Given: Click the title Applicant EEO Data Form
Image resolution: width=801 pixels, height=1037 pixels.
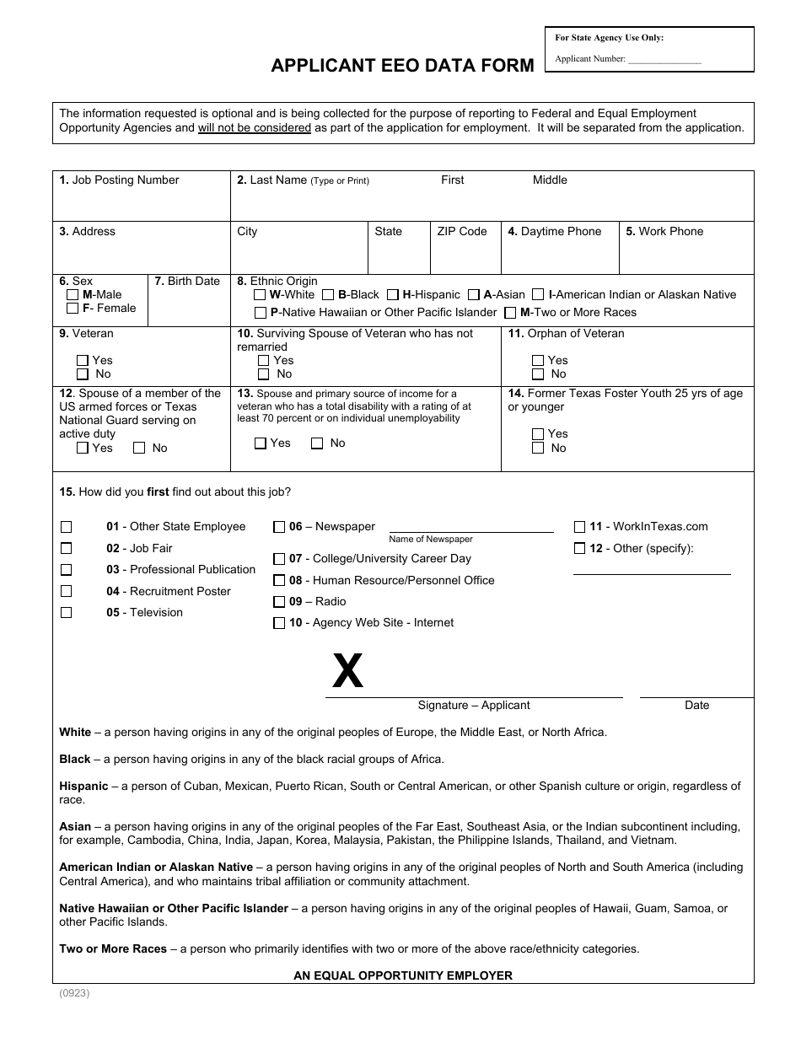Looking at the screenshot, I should [402, 66].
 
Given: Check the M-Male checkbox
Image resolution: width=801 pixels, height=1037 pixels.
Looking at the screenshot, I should [73, 295].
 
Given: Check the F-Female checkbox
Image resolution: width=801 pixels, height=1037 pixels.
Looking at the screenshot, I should [73, 309].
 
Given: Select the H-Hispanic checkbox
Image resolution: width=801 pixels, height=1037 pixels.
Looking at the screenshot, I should [393, 295].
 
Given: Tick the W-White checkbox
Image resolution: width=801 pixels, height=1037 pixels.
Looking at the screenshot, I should [261, 295].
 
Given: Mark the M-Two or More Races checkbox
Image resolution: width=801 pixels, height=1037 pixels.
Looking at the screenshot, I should [510, 313].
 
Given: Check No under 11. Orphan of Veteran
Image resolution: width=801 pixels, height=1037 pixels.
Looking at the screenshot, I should [538, 374].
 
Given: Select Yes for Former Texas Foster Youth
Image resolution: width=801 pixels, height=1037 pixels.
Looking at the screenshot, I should [538, 434].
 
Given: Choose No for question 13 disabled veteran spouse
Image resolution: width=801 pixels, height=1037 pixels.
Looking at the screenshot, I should [318, 443].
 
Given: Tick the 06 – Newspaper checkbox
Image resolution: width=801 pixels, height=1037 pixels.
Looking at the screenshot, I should [279, 527].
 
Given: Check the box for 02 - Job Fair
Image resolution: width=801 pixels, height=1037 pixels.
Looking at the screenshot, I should [67, 549].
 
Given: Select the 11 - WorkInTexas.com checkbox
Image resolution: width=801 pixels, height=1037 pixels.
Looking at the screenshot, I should [579, 527].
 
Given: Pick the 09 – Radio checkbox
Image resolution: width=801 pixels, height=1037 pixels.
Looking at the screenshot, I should [279, 602].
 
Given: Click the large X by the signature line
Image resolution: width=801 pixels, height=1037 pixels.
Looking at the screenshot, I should [347, 673].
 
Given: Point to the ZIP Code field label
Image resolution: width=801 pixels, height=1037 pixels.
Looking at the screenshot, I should [461, 232].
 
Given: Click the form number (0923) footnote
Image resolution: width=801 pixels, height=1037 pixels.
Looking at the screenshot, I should [74, 993].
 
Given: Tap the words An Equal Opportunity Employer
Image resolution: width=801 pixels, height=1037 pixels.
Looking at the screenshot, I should [402, 975].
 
